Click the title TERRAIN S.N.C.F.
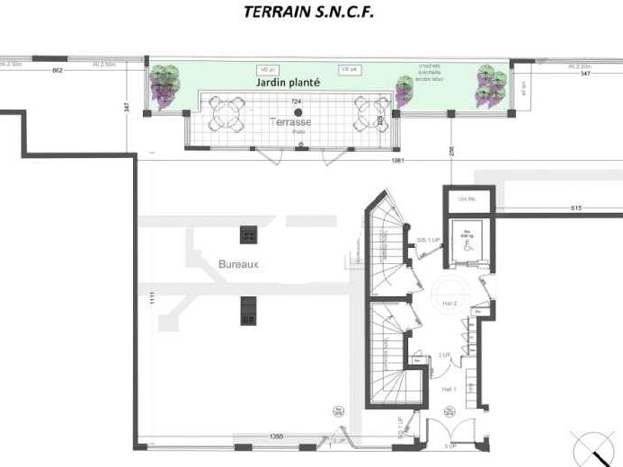[308, 13]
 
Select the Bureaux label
[238, 265]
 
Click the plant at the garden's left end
[165, 86]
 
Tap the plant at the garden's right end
[492, 85]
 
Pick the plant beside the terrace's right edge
[405, 90]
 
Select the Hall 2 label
[450, 304]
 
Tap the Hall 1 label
[449, 388]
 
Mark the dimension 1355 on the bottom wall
[275, 436]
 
